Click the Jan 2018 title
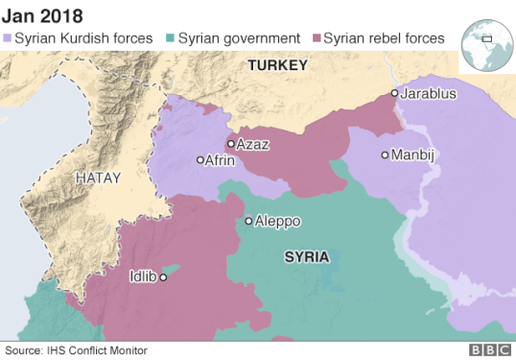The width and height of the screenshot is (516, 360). coord(41,15)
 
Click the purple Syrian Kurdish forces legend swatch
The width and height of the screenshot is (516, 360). coord(8,38)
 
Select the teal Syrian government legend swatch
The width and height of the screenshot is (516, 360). coord(171,38)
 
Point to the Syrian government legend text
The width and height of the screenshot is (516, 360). coord(238,38)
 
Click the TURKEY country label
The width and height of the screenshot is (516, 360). coord(277,65)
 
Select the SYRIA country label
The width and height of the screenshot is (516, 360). coord(307,257)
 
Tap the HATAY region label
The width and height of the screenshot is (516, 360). coord(100,178)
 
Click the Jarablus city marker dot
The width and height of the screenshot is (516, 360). coord(394,93)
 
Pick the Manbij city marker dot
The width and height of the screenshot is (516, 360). coord(385,155)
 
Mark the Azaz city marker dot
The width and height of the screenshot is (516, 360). coord(230,144)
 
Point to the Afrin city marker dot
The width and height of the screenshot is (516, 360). coord(200,160)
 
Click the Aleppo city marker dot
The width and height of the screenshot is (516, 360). coord(248,221)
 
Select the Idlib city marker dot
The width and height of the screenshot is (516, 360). coord(163,277)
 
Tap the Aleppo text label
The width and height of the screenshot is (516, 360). coord(278,221)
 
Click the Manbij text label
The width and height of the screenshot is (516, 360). coord(414,155)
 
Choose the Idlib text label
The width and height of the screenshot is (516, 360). coord(142,277)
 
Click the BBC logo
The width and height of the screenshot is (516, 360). coord(489,351)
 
